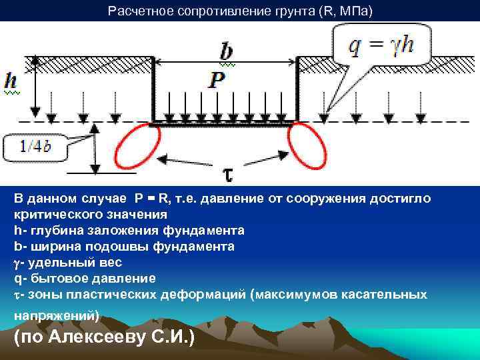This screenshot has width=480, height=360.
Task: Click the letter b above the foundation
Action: [x=227, y=52]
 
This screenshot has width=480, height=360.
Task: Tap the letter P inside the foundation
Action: [x=217, y=81]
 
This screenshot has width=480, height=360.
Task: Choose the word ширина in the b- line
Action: [x=51, y=247]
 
